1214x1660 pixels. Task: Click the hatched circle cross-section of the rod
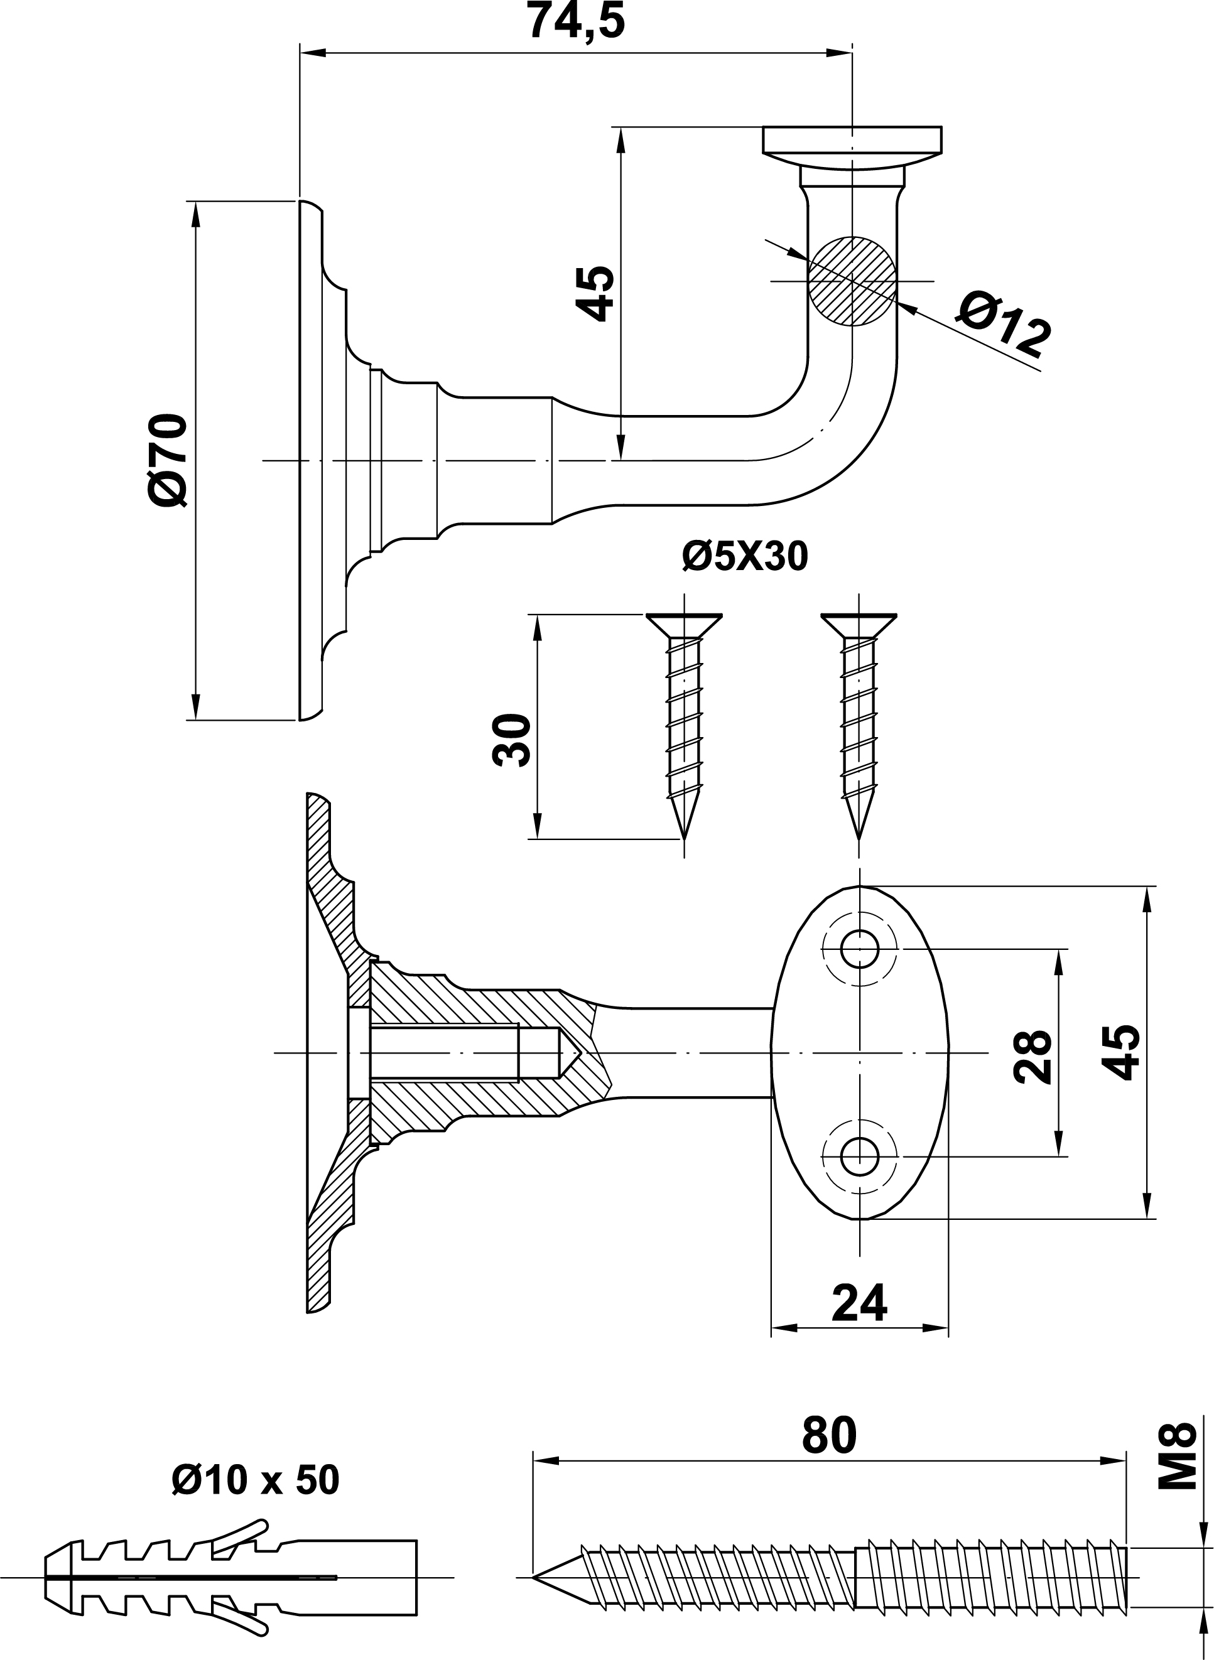coord(852,281)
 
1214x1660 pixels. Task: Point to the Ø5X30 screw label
coord(744,556)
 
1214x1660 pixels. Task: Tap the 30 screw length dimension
coord(512,740)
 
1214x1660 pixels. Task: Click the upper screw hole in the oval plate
coord(860,950)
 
